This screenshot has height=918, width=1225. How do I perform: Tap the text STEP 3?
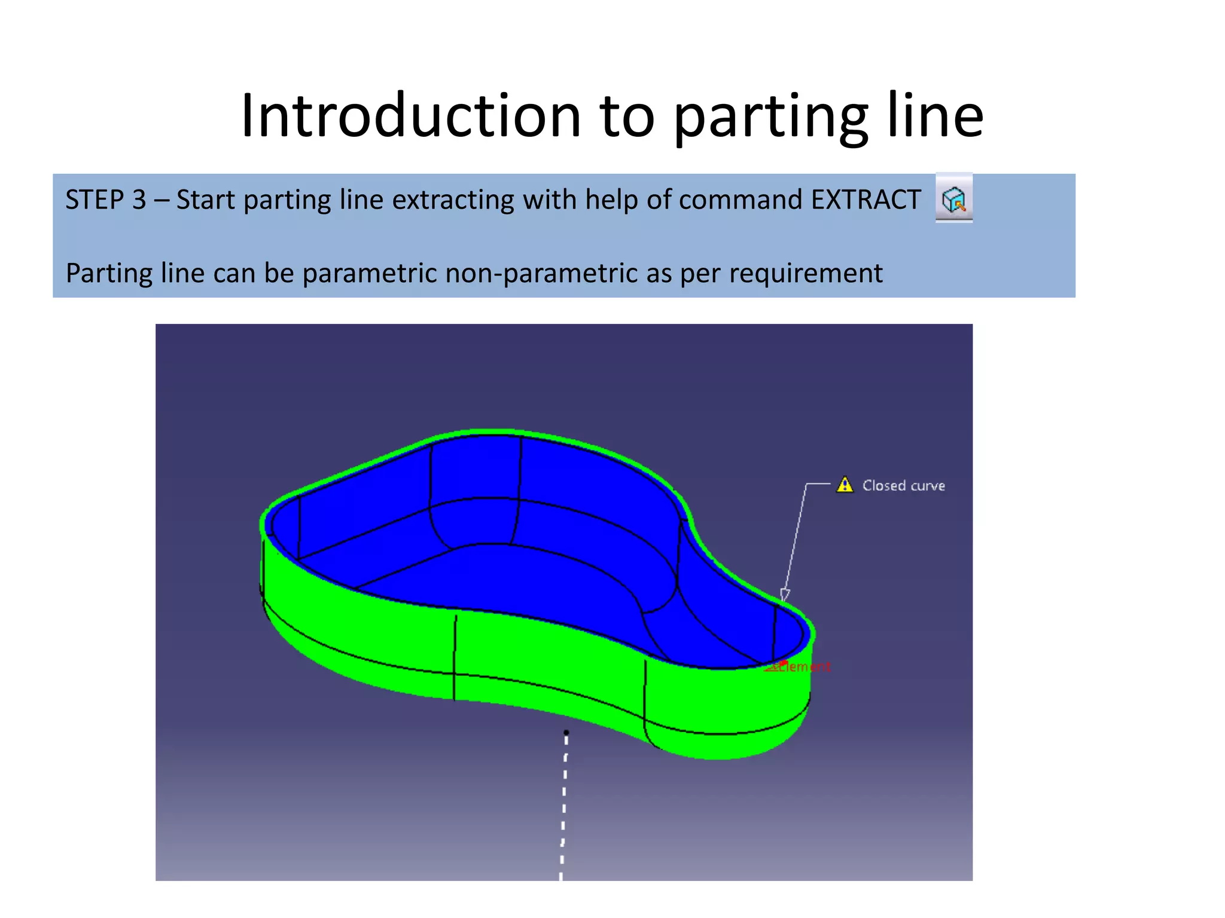105,200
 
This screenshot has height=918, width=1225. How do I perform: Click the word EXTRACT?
866,200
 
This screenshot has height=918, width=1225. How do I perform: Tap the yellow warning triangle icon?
845,485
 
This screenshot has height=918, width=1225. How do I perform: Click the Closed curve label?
903,485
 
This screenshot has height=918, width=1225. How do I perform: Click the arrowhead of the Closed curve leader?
785,595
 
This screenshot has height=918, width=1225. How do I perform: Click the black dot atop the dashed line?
566,732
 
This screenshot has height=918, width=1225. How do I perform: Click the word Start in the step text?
205,200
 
